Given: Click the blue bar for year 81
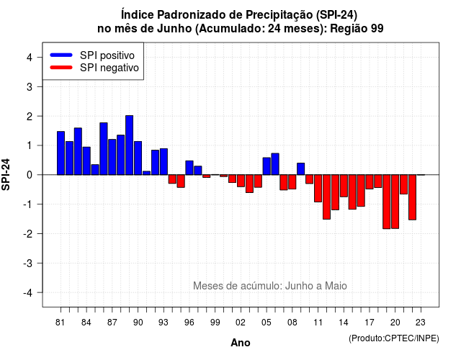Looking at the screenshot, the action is pyautogui.click(x=61, y=153).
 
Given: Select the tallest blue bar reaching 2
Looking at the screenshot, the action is pyautogui.click(x=130, y=145).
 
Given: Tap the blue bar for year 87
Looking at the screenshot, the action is pyautogui.click(x=112, y=157).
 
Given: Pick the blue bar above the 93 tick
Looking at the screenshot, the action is pyautogui.click(x=164, y=161).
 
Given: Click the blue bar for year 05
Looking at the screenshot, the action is pyautogui.click(x=267, y=166).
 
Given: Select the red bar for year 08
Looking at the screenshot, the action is pyautogui.click(x=292, y=182).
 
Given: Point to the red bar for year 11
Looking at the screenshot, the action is pyautogui.click(x=318, y=189).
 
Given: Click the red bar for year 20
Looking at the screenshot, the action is pyautogui.click(x=395, y=202).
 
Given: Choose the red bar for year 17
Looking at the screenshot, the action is pyautogui.click(x=370, y=182).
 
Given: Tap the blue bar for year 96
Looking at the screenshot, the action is pyautogui.click(x=189, y=168).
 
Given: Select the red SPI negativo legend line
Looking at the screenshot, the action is pyautogui.click(x=61, y=68).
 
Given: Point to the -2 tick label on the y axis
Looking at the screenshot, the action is pyautogui.click(x=28, y=233).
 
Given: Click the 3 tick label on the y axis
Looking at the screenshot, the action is pyautogui.click(x=30, y=86).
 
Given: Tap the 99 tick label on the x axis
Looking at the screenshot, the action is pyautogui.click(x=215, y=323).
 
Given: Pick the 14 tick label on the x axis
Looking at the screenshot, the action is pyautogui.click(x=344, y=323).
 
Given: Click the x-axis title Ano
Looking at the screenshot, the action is pyautogui.click(x=241, y=343).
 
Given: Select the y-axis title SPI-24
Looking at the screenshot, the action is pyautogui.click(x=6, y=174).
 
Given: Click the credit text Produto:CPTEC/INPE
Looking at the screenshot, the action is pyautogui.click(x=394, y=338).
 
